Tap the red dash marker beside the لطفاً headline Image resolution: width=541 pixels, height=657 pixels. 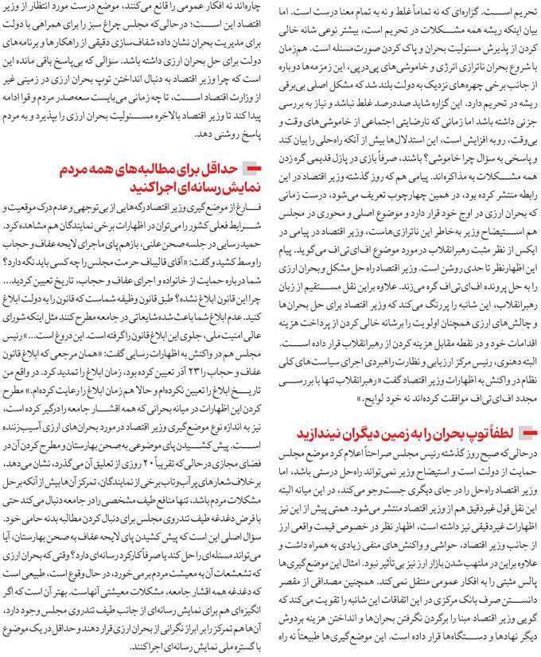point(526,433)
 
